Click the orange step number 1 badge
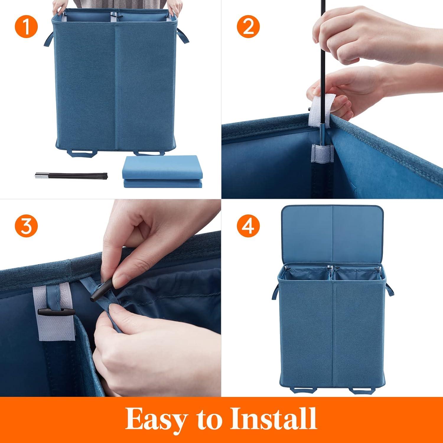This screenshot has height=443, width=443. click(26, 27)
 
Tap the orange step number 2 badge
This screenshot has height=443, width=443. click(248, 27)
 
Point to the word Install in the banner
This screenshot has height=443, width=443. click(273, 419)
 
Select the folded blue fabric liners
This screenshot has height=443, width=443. click(163, 171)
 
